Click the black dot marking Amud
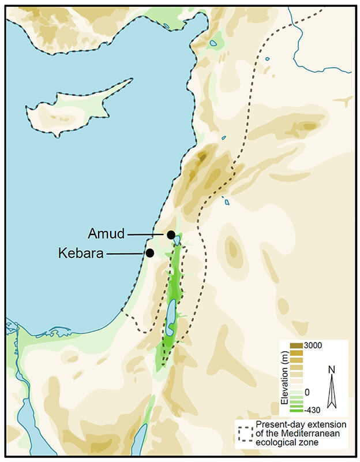(171, 234)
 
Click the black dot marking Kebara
(149, 253)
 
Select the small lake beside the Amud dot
(177, 240)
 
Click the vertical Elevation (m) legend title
(284, 378)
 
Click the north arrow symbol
(331, 393)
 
